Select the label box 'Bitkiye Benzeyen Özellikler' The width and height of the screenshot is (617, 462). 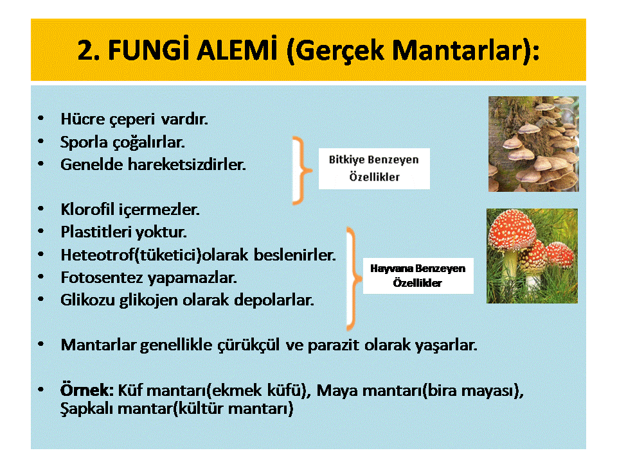coord(374,169)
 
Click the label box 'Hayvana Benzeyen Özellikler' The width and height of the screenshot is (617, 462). coord(418,276)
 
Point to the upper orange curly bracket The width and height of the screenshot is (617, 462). coord(302,171)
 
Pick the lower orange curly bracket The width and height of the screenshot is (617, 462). coord(353,278)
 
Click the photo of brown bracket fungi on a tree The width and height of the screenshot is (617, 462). coord(533,144)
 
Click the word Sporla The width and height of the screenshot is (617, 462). coord(84,142)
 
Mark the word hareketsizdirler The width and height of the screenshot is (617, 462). coord(186,165)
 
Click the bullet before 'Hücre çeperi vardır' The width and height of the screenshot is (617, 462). coord(41,118)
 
